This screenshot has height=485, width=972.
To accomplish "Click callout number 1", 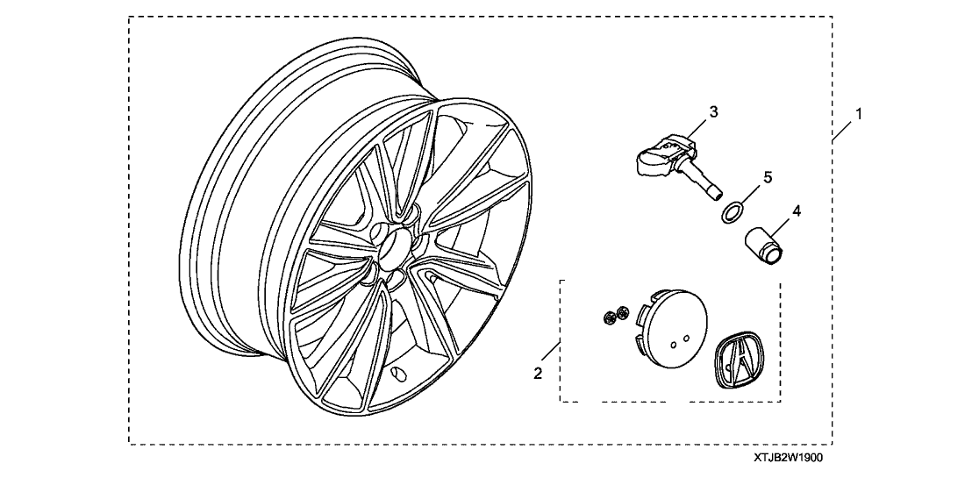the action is [859, 114].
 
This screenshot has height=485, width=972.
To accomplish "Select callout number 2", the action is [538, 374].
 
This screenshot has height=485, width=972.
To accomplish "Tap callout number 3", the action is [713, 112].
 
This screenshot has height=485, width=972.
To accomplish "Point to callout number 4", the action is [797, 210].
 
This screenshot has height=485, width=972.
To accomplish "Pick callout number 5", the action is [768, 178].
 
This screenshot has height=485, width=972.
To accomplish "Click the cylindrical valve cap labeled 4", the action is [765, 246].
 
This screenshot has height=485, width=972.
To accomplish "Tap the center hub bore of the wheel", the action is [394, 249].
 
